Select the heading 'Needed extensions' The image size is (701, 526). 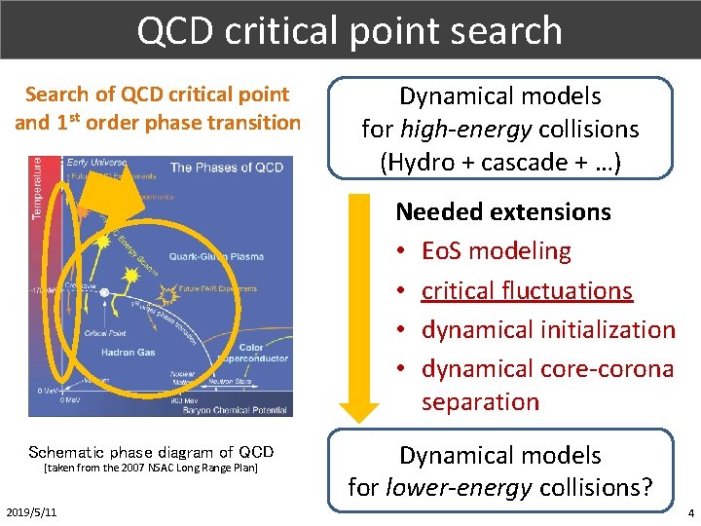pos(502,211)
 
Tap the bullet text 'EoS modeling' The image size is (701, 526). pos(496,250)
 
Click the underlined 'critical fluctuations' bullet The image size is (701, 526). pos(527,290)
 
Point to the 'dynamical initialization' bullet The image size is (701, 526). pos(547,329)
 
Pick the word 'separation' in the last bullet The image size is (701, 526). pos(480,400)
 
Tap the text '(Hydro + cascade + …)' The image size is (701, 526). pos(500,162)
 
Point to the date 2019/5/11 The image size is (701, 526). pos(31,512)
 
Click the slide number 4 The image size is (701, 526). pos(690,512)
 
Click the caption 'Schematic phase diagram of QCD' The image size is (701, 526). pos(151,452)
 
